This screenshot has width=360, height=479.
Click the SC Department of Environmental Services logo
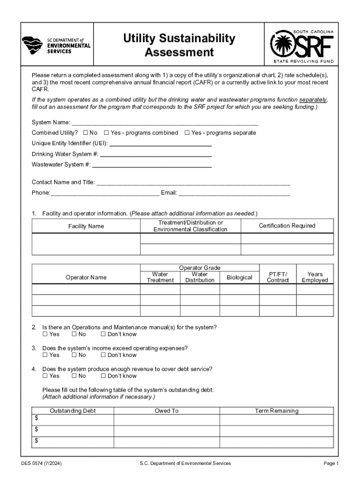(x=56, y=45)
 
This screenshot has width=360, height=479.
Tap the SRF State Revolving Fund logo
(x=302, y=46)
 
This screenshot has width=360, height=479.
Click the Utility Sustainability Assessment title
(x=179, y=45)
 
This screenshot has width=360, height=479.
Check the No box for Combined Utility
(x=86, y=133)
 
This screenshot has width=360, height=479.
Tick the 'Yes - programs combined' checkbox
(x=106, y=133)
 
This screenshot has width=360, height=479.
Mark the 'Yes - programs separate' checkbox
(x=187, y=133)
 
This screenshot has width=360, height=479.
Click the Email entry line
(x=234, y=193)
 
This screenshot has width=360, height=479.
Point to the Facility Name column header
(x=86, y=226)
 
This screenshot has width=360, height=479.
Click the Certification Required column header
(x=287, y=226)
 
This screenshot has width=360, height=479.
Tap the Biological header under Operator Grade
(x=239, y=277)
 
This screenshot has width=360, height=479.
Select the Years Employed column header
(x=315, y=277)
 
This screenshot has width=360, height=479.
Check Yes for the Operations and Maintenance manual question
(x=45, y=334)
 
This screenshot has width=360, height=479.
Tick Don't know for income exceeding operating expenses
(x=103, y=355)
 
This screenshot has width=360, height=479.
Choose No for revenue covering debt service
(x=74, y=376)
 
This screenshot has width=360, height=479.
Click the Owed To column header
(x=166, y=411)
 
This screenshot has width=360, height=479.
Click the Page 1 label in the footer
(x=331, y=464)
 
